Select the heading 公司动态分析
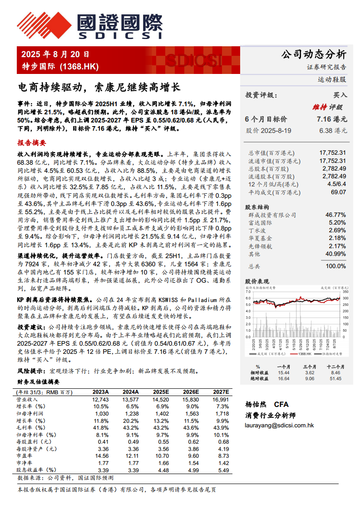(314, 55)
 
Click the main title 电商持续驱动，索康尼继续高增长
(99, 87)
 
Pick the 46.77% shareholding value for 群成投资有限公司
(335, 215)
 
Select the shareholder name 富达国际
(261, 222)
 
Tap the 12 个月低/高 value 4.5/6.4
(336, 184)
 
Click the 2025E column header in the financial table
(161, 392)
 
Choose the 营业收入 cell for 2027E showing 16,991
(220, 400)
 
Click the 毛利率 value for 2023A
(101, 428)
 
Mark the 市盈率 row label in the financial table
(25, 455)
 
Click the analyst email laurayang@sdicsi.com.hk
(279, 426)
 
